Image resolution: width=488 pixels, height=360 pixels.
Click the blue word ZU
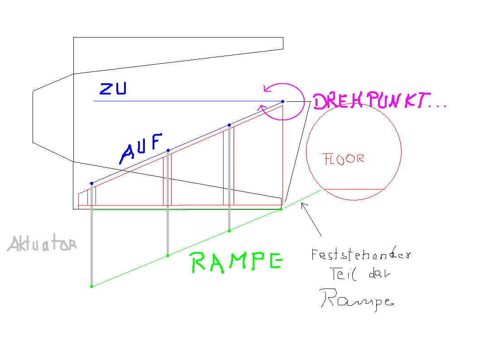click(113, 89)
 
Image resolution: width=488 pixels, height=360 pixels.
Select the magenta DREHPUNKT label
click(379, 101)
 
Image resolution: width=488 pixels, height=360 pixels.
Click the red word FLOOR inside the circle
click(344, 159)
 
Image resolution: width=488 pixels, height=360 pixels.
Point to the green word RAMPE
click(237, 262)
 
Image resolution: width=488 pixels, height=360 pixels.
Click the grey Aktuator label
click(42, 245)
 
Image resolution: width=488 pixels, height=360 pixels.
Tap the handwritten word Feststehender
click(361, 255)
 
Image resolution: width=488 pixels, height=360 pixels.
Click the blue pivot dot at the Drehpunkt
click(283, 101)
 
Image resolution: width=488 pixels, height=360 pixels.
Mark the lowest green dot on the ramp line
click(92, 286)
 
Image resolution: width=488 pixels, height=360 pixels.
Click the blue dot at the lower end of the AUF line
click(92, 184)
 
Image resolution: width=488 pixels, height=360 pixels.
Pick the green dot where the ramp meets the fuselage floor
click(281, 209)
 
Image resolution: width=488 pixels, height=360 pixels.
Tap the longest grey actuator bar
click(92, 235)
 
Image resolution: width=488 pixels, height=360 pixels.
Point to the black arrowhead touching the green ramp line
click(303, 204)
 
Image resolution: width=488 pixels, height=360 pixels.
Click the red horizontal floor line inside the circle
click(355, 189)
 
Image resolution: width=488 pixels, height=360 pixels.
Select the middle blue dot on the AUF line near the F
click(168, 150)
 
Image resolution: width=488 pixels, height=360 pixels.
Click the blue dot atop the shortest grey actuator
click(230, 125)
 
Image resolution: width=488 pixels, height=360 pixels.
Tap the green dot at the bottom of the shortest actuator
click(229, 231)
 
